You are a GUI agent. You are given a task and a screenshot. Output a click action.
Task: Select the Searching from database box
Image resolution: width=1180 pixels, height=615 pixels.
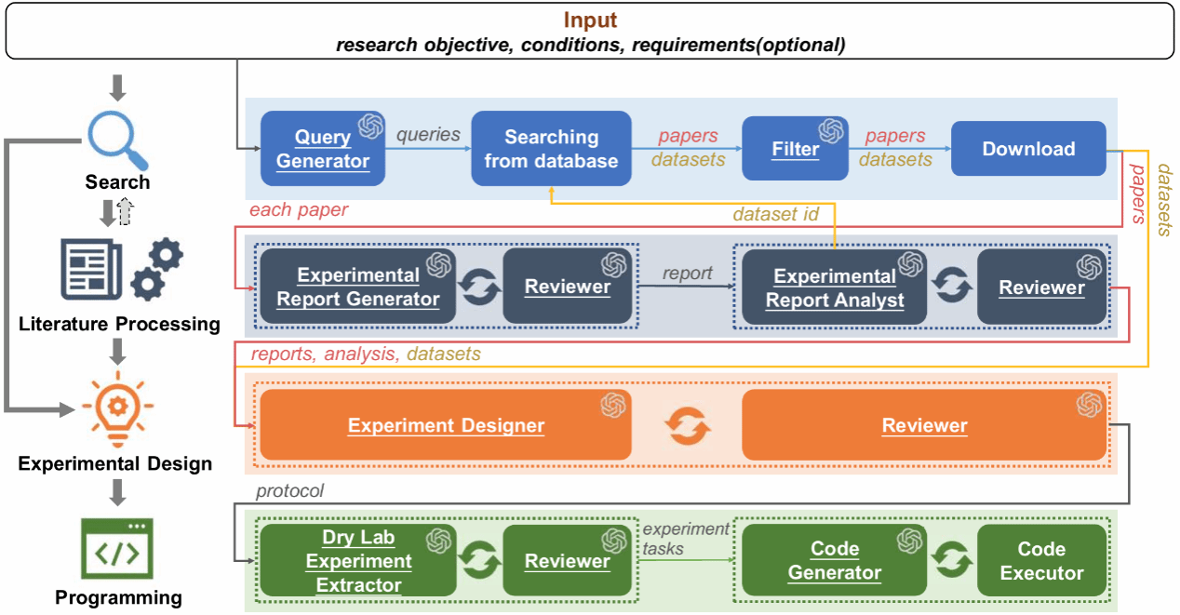(551, 149)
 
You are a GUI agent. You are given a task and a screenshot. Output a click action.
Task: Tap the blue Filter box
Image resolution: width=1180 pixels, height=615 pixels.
(795, 149)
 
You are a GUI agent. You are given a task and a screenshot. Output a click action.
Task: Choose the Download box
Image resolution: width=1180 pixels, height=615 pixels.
(1028, 149)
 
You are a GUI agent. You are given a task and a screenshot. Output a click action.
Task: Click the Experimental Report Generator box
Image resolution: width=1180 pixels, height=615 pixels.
(358, 287)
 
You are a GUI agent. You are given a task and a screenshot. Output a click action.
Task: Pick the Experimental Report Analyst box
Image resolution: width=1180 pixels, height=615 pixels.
(835, 287)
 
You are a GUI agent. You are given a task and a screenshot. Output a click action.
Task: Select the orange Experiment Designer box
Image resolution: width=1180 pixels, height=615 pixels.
(446, 425)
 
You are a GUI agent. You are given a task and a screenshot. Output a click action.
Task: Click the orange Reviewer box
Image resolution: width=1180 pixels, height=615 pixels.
(924, 425)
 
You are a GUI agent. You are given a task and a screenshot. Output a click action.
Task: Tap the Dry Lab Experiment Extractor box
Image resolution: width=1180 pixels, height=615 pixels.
(358, 560)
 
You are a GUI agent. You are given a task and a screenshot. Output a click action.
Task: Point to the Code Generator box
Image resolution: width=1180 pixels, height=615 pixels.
(835, 560)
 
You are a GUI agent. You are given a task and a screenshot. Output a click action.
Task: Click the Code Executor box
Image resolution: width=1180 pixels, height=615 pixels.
(1041, 560)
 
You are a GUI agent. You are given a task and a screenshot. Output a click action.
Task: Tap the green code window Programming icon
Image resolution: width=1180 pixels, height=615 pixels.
(117, 549)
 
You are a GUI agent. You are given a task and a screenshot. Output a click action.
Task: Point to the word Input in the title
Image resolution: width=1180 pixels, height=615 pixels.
(590, 20)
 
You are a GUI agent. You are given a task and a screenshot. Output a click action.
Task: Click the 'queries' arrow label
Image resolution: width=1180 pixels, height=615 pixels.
(428, 134)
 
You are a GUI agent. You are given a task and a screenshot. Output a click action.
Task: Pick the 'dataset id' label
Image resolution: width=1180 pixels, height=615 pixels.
(775, 214)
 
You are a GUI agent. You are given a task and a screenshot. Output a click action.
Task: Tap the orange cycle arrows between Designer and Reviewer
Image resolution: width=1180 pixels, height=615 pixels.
(688, 425)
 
